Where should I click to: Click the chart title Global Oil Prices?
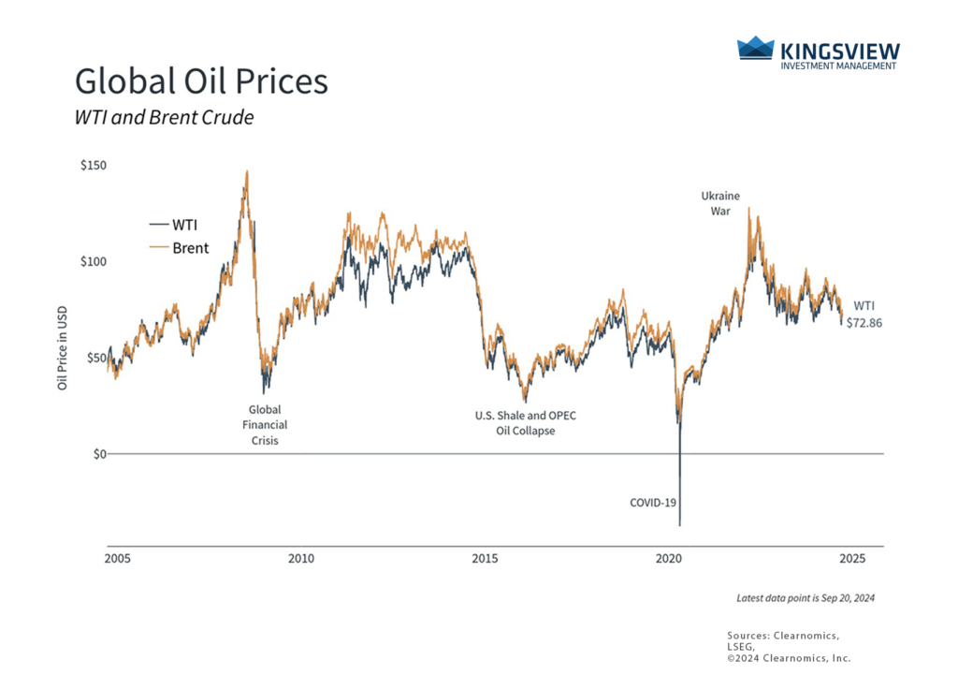(201, 82)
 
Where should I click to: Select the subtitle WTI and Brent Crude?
(164, 119)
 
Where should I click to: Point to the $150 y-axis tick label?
(94, 166)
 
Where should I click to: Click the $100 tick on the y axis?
(94, 261)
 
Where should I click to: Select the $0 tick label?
(99, 453)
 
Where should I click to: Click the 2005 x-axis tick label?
(117, 559)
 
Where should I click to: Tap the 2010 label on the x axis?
(301, 559)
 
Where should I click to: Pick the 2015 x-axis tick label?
(485, 559)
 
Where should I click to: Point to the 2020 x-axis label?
(669, 559)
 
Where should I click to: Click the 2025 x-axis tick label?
(852, 559)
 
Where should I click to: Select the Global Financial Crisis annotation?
(264, 424)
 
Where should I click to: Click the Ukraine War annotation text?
(720, 203)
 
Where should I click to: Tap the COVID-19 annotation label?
(652, 503)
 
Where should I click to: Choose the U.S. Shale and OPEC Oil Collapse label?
(525, 423)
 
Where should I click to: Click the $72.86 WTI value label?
(863, 322)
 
